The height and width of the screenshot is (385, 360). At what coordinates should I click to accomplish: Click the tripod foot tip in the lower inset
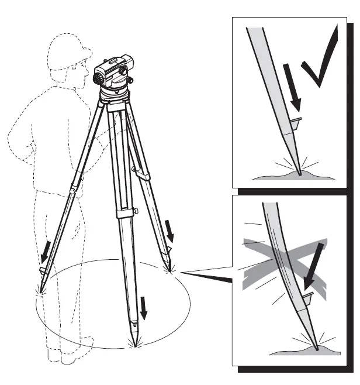[316, 349]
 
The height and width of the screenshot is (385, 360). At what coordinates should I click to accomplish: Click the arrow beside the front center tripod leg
[143, 307]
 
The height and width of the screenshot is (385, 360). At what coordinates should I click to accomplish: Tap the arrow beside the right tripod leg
[170, 230]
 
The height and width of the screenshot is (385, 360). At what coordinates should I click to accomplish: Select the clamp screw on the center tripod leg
[136, 211]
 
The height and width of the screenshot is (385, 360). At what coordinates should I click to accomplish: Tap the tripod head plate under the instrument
[114, 96]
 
